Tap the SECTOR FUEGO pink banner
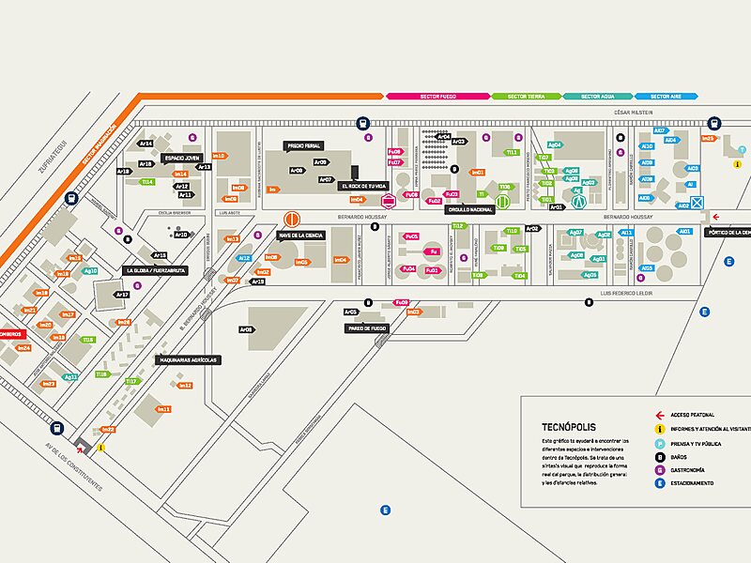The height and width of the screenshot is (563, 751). click(x=437, y=96)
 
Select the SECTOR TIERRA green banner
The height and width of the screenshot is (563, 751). click(x=526, y=96)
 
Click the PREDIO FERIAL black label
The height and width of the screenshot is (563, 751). click(x=303, y=146)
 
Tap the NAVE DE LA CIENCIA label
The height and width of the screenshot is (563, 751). click(x=301, y=236)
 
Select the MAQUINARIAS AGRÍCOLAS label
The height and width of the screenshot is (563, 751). click(x=189, y=359)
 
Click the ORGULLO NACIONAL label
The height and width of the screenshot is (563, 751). click(x=470, y=209)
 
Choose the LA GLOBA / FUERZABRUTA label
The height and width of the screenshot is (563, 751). click(x=157, y=270)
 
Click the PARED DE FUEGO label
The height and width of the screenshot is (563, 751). click(x=367, y=328)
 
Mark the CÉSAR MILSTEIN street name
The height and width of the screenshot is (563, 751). click(x=633, y=112)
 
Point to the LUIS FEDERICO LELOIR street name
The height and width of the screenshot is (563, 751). click(x=627, y=293)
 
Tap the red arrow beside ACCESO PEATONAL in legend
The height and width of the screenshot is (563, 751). click(x=660, y=415)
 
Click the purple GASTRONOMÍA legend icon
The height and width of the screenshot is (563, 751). click(x=660, y=469)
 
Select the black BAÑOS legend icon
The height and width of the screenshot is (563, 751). click(x=660, y=456)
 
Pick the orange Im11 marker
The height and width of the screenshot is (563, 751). click(x=164, y=409)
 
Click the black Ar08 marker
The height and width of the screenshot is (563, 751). click(x=246, y=329)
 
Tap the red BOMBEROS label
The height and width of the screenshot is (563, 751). click(x=12, y=332)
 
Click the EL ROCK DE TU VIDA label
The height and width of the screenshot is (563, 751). click(x=362, y=186)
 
